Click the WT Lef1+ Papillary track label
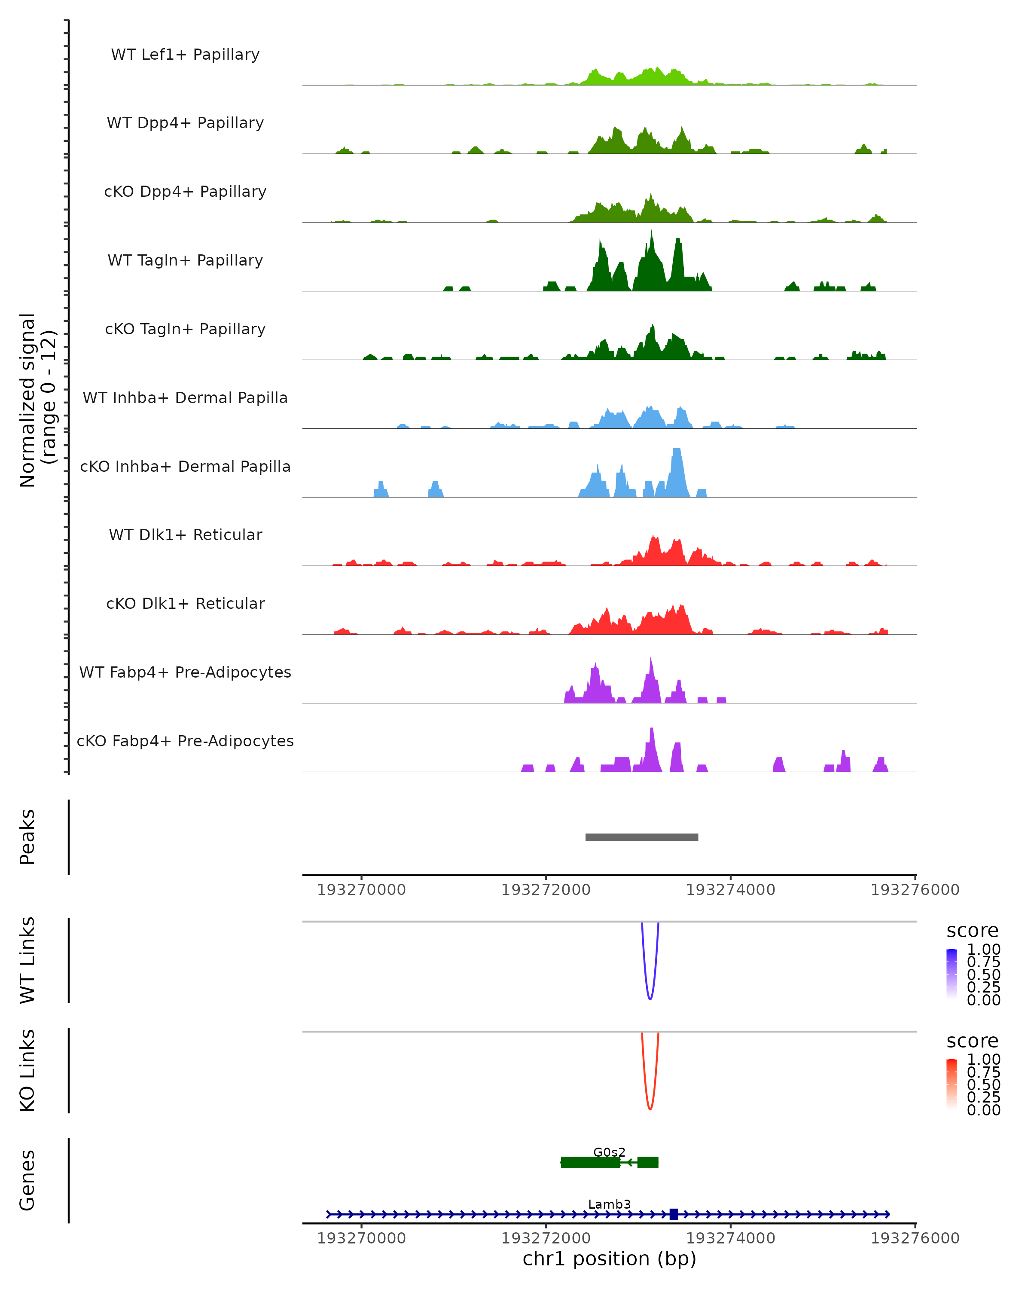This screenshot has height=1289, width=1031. pyautogui.click(x=185, y=55)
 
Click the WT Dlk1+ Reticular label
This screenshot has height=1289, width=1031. pyautogui.click(x=185, y=535)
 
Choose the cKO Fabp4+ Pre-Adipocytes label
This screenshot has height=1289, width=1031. pyautogui.click(x=185, y=741)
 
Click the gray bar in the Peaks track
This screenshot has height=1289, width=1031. pyautogui.click(x=641, y=837)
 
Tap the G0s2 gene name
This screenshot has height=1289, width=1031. pyautogui.click(x=609, y=1152)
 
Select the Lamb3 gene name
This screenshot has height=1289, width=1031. pyautogui.click(x=609, y=1204)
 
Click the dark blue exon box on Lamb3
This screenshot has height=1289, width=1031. pyautogui.click(x=674, y=1214)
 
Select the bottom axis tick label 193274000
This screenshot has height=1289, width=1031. pyautogui.click(x=730, y=1238)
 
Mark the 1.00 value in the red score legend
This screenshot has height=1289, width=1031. pyautogui.click(x=983, y=1060)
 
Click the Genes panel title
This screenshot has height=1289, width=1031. pyautogui.click(x=27, y=1180)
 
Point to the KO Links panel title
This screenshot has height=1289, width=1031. pyautogui.click(x=27, y=1071)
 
